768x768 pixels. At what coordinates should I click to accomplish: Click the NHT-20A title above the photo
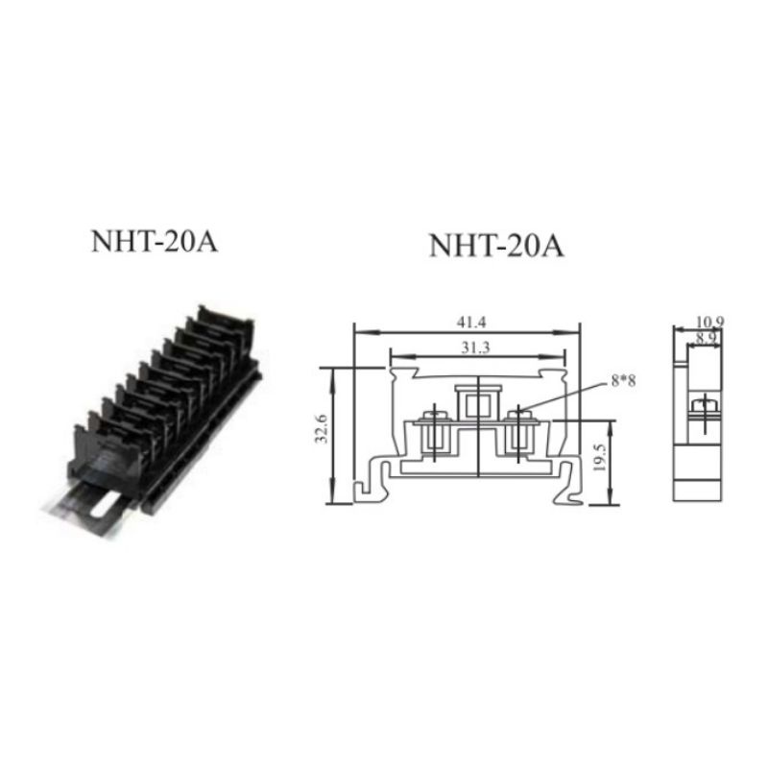[155, 242]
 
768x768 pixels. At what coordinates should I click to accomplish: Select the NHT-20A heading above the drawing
[496, 246]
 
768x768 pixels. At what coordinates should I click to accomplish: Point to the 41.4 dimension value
[471, 323]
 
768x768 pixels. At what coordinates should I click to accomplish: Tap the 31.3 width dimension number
[475, 348]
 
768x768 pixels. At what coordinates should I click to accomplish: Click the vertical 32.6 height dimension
[321, 428]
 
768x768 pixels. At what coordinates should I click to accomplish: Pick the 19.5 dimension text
[599, 458]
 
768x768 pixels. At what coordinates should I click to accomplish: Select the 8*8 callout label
[623, 380]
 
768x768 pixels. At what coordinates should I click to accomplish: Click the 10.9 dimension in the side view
[709, 322]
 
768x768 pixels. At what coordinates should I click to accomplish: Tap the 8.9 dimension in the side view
[706, 338]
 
